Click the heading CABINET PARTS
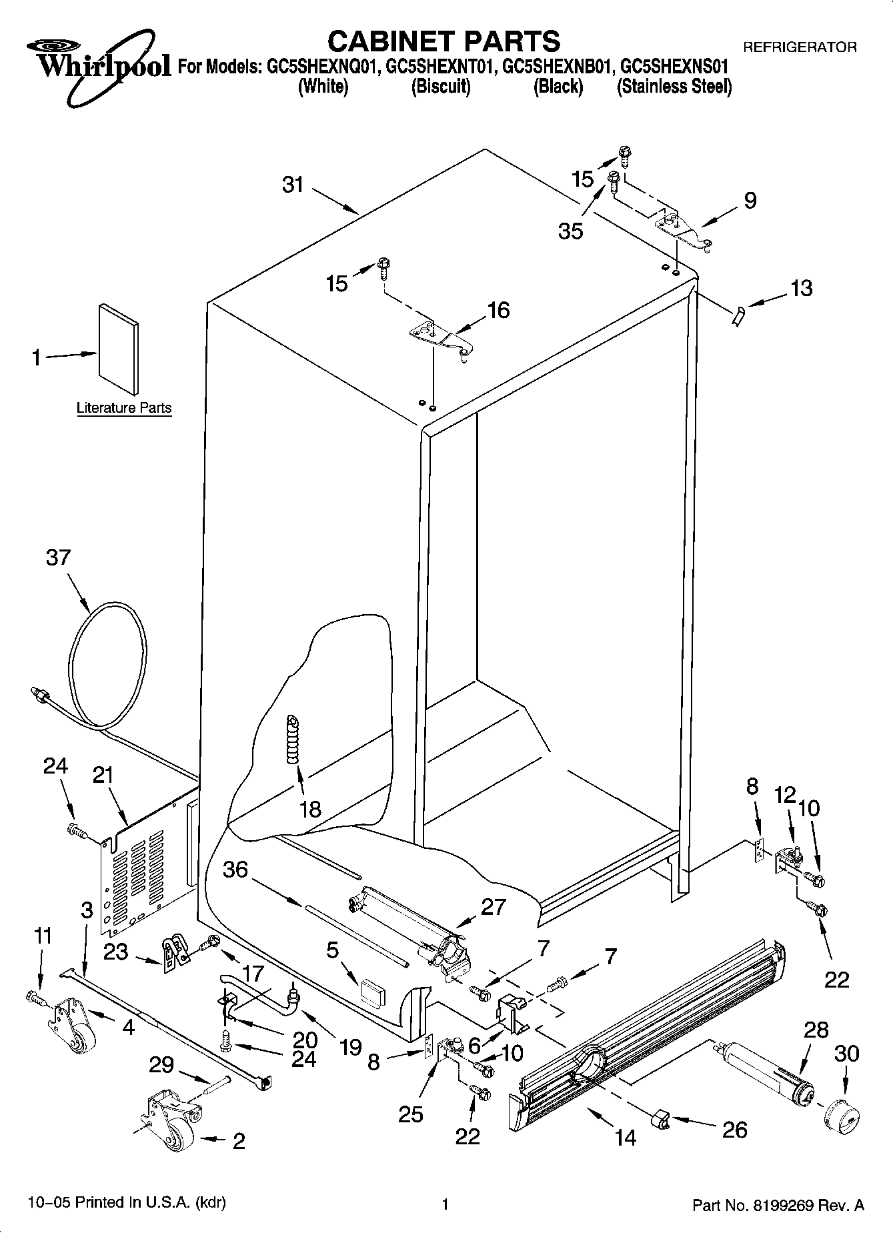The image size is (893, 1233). pyautogui.click(x=443, y=41)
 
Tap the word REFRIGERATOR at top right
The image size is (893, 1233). pyautogui.click(x=800, y=47)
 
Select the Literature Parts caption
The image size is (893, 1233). pyautogui.click(x=124, y=408)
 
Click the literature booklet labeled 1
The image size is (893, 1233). pyautogui.click(x=119, y=349)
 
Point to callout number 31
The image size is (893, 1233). pyautogui.click(x=293, y=185)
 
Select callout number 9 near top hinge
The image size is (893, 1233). pyautogui.click(x=750, y=200)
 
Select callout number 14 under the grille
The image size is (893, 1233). pyautogui.click(x=626, y=1137)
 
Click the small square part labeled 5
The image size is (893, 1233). pyautogui.click(x=372, y=992)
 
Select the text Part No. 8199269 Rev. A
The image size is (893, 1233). pyautogui.click(x=778, y=1204)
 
